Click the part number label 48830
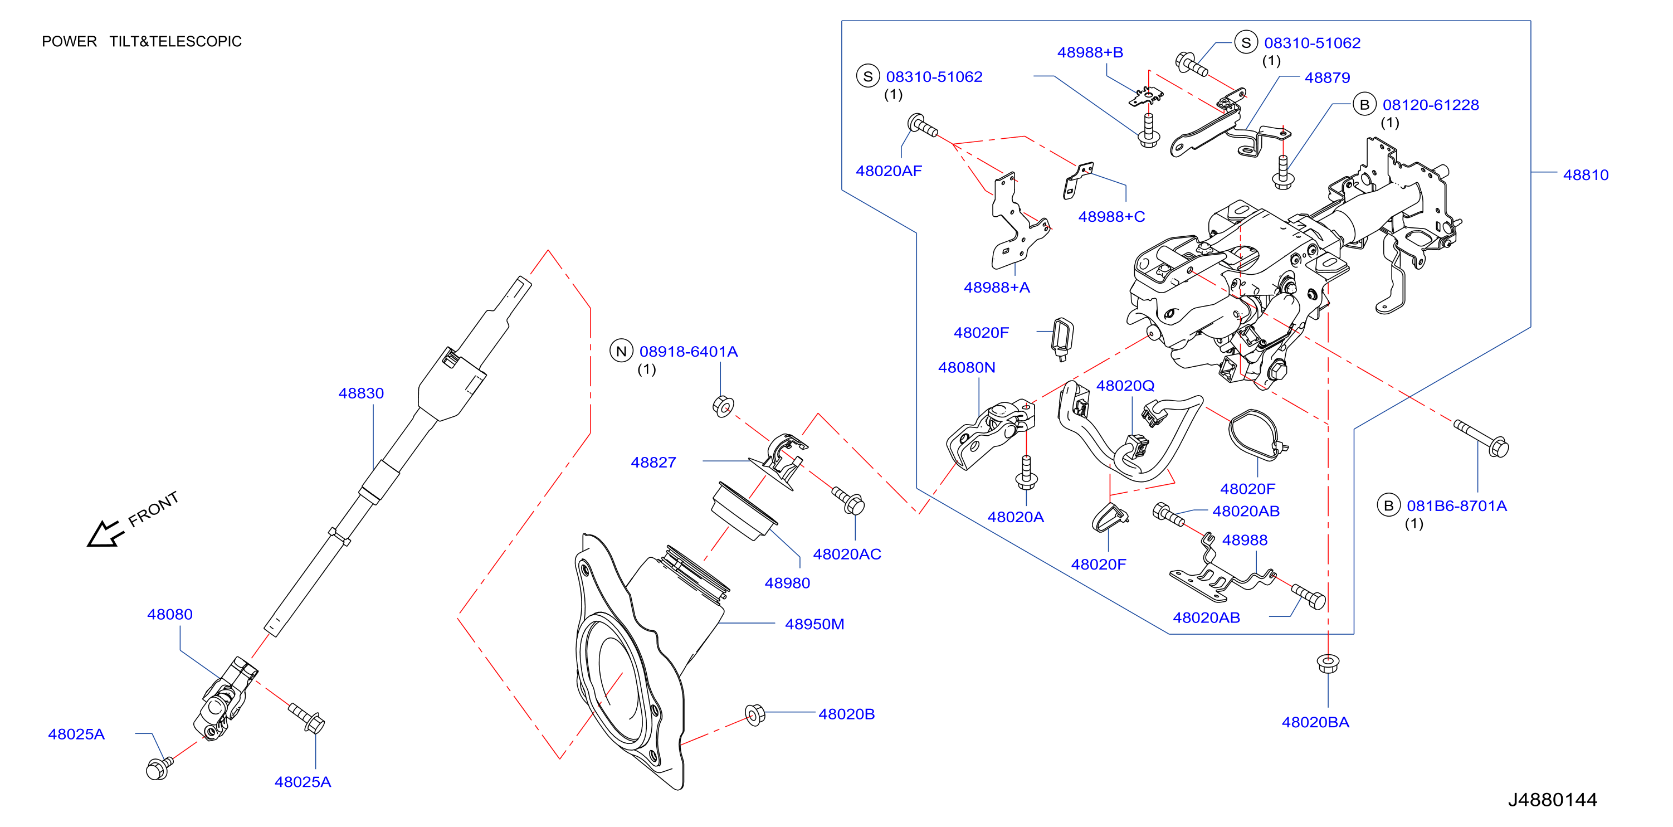(x=361, y=393)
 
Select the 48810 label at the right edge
(x=1586, y=175)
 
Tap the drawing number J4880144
(x=1552, y=799)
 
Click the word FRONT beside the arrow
(x=153, y=509)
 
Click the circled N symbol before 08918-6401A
(x=621, y=351)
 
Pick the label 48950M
(x=814, y=624)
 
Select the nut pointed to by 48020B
(x=755, y=714)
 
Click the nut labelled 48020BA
(x=1328, y=663)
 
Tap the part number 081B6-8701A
(x=1456, y=505)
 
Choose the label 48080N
(x=967, y=367)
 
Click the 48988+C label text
(x=1111, y=216)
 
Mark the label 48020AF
(x=889, y=171)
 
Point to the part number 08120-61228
(x=1430, y=105)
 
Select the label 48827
(x=653, y=462)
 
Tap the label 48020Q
(x=1125, y=385)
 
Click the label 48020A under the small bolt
(x=1015, y=517)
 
